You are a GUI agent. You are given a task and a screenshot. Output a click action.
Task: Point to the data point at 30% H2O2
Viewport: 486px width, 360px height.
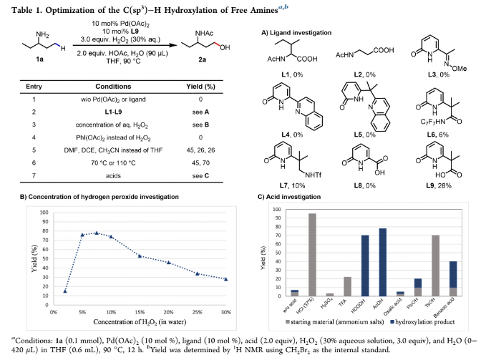point(225,279)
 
